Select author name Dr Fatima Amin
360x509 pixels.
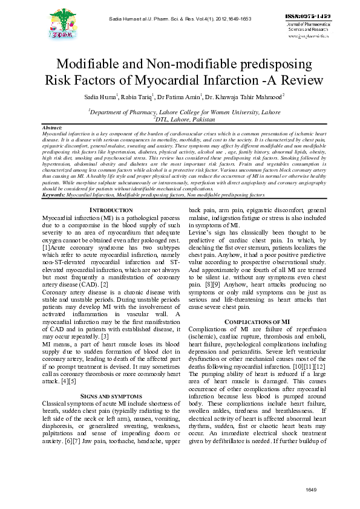click(180, 97)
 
